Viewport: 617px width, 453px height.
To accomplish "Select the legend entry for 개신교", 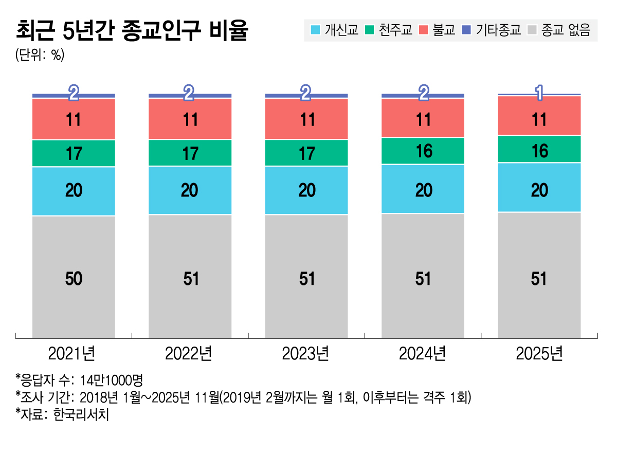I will pos(335,30).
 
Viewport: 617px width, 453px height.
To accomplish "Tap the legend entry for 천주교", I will pos(389,30).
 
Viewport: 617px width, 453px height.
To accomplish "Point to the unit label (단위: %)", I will pos(40,55).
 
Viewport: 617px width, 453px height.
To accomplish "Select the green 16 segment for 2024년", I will pos(423,151).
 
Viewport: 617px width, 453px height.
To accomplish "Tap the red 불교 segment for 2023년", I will pos(306,119).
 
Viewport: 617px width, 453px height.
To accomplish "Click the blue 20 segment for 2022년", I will pos(190,190).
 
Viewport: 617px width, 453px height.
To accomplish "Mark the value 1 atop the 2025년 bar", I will pos(539,93).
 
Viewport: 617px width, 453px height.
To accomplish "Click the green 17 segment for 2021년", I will pos(74,153).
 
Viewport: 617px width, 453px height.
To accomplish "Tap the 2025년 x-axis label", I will pos(539,354).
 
